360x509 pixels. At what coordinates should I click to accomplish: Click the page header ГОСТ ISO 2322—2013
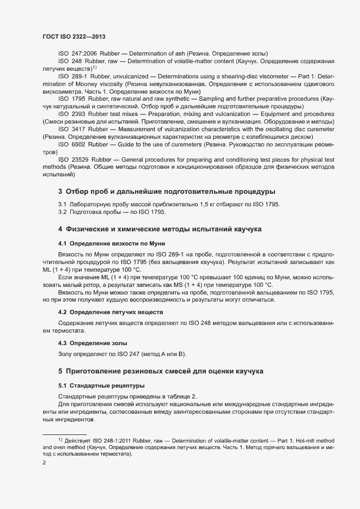[74, 36]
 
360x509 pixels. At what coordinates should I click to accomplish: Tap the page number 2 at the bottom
[44, 463]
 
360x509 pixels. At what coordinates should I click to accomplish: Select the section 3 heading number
[60, 192]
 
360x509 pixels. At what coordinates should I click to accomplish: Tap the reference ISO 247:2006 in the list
[77, 53]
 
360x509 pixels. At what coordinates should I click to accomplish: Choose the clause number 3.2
[63, 212]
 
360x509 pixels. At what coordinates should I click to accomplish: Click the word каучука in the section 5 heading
[247, 371]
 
